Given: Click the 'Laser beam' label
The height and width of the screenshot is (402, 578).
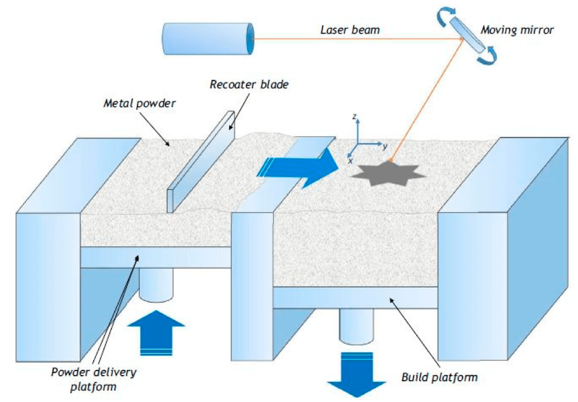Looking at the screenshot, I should (x=350, y=30).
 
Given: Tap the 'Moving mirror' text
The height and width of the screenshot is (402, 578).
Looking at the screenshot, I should (x=517, y=30).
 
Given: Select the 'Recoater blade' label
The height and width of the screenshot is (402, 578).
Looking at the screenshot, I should (x=249, y=84).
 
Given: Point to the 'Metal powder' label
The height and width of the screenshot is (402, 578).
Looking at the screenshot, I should (x=139, y=103).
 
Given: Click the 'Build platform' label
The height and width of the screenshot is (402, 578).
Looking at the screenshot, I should (x=439, y=377).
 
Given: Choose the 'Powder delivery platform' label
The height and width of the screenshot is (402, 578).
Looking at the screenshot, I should (x=94, y=379).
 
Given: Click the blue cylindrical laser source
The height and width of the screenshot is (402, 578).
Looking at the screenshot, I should (x=208, y=39).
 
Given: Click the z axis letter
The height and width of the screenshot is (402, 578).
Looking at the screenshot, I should (x=354, y=117).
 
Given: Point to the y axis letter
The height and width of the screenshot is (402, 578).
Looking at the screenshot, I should (x=385, y=146).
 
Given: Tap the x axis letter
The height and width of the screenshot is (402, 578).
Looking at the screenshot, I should (x=350, y=161).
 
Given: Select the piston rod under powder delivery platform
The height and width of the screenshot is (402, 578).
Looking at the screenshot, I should (x=156, y=284).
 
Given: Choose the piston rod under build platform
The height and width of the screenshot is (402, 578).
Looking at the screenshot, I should (x=356, y=326).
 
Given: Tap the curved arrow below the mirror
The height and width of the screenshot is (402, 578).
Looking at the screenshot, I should (x=488, y=56).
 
